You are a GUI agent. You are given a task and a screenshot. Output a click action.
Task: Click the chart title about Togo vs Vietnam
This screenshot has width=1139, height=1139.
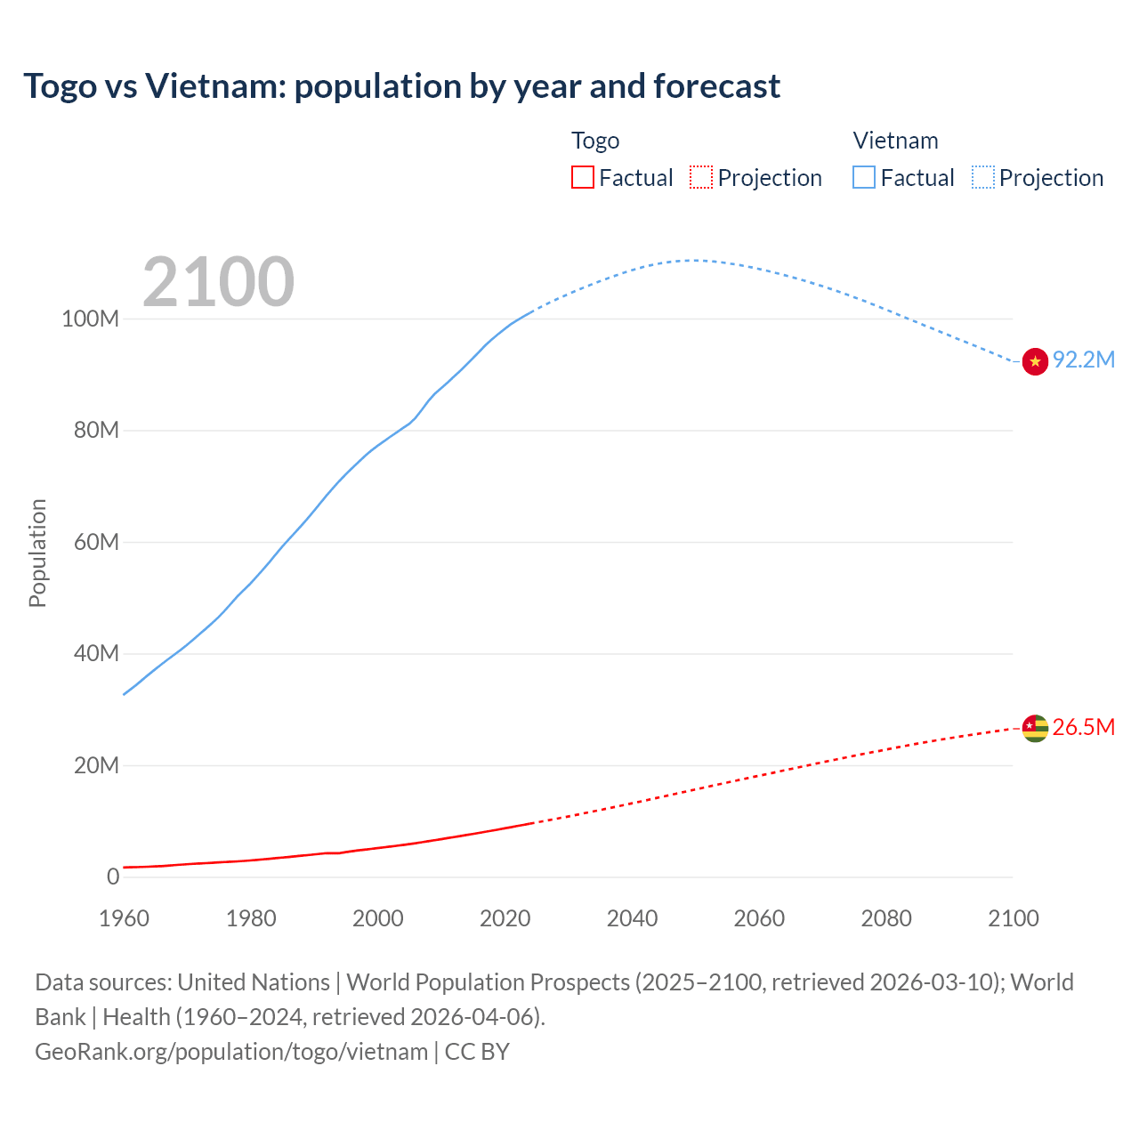(401, 86)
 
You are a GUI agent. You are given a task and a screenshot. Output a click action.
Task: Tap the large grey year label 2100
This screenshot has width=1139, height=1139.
(218, 282)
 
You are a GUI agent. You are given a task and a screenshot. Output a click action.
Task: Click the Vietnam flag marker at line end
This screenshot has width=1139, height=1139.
(1035, 361)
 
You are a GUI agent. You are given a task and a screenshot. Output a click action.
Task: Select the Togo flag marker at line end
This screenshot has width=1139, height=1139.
(1035, 728)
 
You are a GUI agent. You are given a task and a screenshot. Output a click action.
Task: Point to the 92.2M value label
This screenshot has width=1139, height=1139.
(1083, 359)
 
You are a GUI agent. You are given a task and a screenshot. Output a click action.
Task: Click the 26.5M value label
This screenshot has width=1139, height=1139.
(1083, 727)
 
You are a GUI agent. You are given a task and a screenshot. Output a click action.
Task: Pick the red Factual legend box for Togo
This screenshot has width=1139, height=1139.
(582, 177)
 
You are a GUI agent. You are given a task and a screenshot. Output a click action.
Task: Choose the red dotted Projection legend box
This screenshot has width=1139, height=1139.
(701, 177)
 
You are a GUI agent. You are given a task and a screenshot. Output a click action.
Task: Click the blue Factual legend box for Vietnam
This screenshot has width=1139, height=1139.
(863, 177)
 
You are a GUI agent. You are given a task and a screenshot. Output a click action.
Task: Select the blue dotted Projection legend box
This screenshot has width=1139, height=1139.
(982, 177)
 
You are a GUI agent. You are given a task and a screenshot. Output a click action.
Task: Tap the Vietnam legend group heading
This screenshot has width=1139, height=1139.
(895, 141)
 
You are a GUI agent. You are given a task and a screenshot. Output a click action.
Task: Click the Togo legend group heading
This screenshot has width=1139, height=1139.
(595, 141)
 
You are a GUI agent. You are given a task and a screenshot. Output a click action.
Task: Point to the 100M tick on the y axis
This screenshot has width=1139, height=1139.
(90, 319)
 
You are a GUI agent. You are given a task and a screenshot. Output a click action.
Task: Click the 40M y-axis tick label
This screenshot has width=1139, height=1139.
(95, 653)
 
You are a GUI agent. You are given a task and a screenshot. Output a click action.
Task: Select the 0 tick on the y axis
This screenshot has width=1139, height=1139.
(113, 876)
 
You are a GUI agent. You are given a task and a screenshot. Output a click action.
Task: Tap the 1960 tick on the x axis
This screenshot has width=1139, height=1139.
(124, 918)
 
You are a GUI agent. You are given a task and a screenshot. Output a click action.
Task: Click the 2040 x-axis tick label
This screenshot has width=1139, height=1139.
(632, 918)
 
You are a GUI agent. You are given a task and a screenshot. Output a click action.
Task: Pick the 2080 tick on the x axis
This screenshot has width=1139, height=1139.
(886, 918)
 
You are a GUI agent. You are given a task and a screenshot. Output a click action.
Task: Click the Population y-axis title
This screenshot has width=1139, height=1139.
(37, 553)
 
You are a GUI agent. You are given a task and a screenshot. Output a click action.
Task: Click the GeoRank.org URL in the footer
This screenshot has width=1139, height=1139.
(231, 1052)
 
